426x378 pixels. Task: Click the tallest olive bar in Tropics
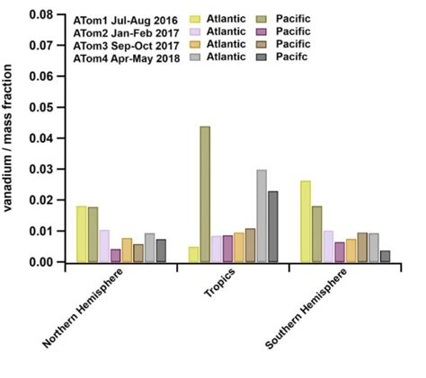[205, 194]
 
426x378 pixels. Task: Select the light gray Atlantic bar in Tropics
[262, 215]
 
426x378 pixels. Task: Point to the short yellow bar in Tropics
[194, 254]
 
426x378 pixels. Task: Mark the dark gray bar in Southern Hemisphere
[385, 257]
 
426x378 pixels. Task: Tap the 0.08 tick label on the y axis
[41, 16]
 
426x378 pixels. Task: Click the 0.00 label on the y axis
[41, 262]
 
